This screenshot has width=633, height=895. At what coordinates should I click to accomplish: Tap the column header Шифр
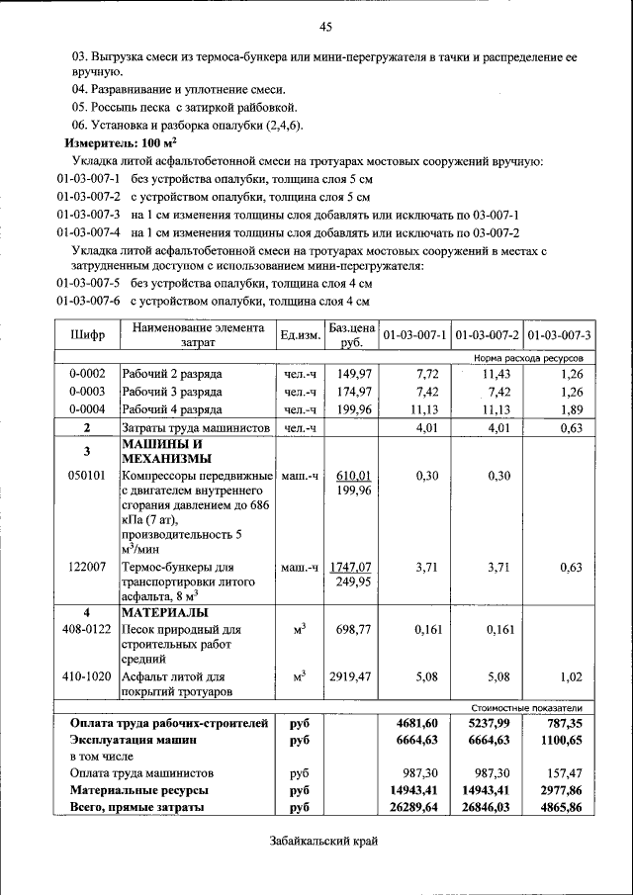(87, 334)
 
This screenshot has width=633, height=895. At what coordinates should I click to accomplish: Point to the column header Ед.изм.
(300, 335)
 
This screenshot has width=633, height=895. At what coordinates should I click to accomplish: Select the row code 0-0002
(87, 374)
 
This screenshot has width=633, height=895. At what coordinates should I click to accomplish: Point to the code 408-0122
(87, 629)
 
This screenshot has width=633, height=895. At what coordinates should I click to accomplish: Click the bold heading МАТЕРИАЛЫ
(163, 612)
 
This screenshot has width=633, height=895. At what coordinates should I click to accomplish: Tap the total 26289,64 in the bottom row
(416, 808)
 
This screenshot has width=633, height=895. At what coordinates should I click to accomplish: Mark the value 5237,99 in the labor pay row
(486, 724)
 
